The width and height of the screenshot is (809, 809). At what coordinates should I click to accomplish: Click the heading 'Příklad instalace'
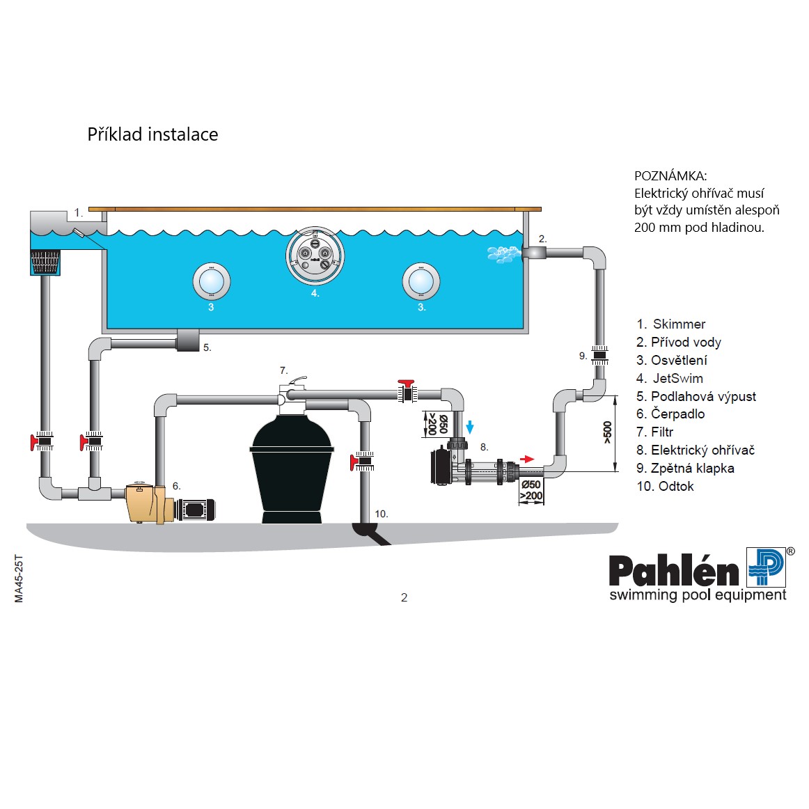point(152,134)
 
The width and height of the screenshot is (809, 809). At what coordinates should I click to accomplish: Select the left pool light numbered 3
point(211,281)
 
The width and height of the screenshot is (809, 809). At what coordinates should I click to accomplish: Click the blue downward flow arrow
point(470,427)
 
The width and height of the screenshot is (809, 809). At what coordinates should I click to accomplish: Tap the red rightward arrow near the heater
point(528,459)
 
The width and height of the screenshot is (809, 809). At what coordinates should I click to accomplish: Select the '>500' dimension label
point(607,432)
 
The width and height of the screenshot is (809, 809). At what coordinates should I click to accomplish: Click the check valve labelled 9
point(599,355)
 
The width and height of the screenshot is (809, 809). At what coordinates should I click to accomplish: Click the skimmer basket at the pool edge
point(45,262)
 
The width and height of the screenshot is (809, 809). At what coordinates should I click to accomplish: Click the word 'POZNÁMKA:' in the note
point(670,176)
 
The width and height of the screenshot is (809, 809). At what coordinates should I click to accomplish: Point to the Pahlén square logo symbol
point(766,567)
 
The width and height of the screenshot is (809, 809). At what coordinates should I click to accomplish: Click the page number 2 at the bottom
point(404,597)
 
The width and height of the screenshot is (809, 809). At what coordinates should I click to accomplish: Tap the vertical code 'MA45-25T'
point(19,579)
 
